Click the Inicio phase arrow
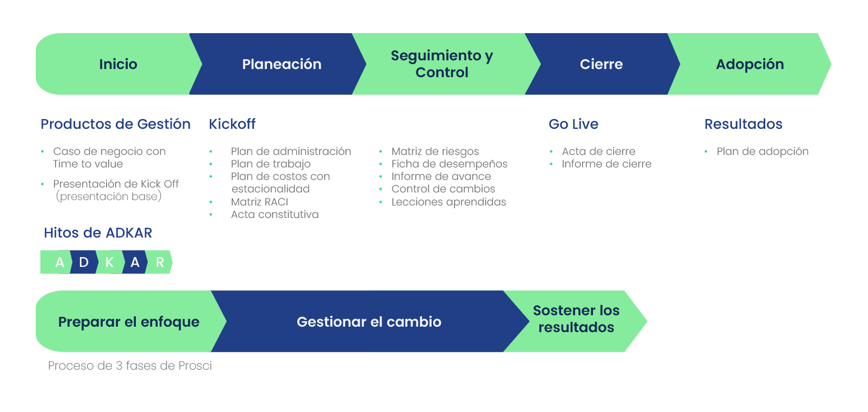point(118,64)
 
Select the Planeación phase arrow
point(282,64)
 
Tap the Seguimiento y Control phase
point(441,64)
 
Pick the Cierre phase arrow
point(601,64)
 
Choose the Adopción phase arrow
point(750,64)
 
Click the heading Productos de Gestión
point(115,124)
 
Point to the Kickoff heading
point(232,124)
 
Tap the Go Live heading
point(573,124)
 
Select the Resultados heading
point(743,124)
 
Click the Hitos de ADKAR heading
point(98,233)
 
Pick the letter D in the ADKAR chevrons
point(84,263)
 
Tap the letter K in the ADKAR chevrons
point(109,263)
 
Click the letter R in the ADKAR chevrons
point(160,263)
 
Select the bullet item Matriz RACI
point(259,202)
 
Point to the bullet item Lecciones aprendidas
point(448,202)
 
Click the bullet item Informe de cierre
point(607,164)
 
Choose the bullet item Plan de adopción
point(762,151)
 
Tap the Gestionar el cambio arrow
point(369,322)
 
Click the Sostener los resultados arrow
point(576,319)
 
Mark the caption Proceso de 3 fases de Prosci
point(130,366)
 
